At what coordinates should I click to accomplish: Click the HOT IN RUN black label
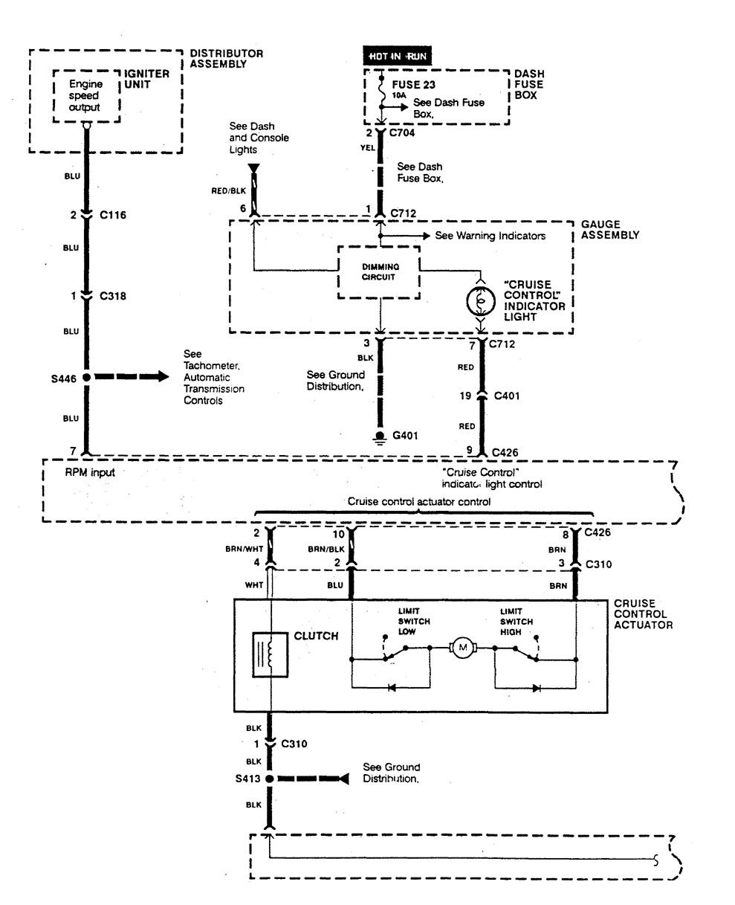(397, 56)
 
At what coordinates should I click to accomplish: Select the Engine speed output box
(85, 96)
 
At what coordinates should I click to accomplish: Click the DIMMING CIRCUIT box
(379, 272)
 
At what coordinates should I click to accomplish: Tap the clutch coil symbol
(271, 654)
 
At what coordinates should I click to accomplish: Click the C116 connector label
(113, 215)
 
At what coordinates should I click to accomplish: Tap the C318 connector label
(113, 296)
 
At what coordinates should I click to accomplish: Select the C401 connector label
(505, 396)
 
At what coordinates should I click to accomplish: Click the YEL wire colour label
(366, 146)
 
